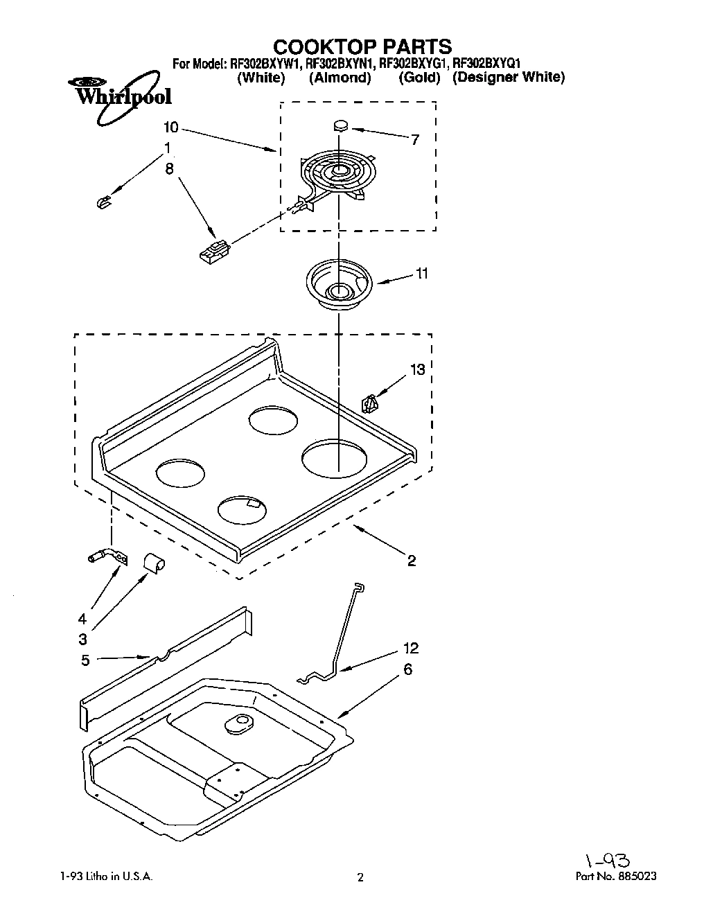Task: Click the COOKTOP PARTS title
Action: coord(362,46)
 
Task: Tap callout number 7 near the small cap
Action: coord(414,139)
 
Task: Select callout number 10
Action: coord(171,128)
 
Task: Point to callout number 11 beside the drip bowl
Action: coord(421,273)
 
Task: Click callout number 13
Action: coord(417,369)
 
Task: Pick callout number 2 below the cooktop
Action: coord(411,561)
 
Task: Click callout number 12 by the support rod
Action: coord(411,648)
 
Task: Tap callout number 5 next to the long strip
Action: coord(85,660)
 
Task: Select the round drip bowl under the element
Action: coord(339,282)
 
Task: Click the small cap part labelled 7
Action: coord(340,126)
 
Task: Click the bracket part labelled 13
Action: coord(370,403)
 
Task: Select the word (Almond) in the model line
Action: coord(340,78)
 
